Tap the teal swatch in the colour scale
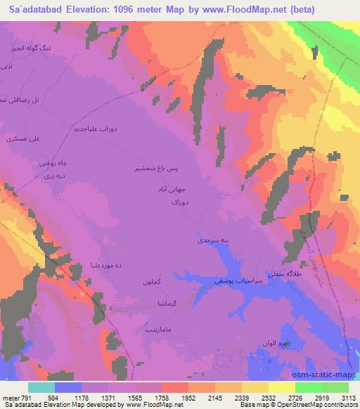point(41,387)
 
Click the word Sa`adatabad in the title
point(32,10)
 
